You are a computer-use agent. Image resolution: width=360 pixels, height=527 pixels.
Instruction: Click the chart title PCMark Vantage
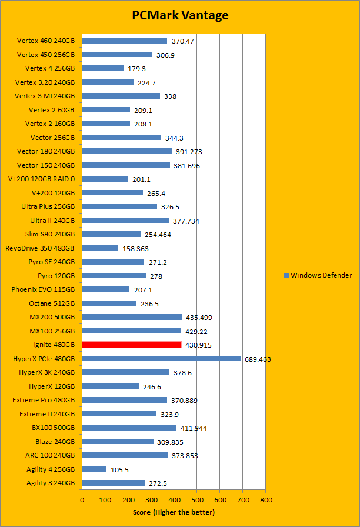click(x=179, y=15)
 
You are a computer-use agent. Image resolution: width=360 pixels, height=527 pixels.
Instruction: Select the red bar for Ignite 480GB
click(x=132, y=345)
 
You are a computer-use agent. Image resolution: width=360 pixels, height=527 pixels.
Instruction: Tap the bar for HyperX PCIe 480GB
click(x=161, y=358)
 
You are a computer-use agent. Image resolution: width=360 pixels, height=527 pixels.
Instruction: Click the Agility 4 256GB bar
click(x=94, y=469)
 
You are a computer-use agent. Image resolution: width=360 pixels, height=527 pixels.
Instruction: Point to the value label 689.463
click(x=257, y=359)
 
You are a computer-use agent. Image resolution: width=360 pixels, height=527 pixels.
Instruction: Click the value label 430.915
click(x=199, y=345)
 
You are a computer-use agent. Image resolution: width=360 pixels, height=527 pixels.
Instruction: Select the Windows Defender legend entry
click(x=318, y=275)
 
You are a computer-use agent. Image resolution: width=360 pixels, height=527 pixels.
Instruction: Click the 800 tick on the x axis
click(x=266, y=499)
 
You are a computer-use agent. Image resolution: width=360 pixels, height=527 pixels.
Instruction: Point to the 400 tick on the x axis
click(x=174, y=499)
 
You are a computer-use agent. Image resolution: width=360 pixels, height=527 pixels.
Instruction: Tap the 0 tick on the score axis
click(x=82, y=499)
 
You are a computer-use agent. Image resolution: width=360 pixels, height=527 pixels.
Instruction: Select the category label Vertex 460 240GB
click(x=46, y=41)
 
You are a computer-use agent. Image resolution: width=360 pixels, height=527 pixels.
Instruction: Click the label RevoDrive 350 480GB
click(x=40, y=248)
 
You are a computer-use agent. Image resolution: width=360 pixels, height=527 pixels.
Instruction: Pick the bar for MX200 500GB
click(x=132, y=317)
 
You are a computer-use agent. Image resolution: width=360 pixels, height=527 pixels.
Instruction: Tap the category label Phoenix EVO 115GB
click(x=43, y=289)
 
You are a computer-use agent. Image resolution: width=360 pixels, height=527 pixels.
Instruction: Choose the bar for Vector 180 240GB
click(x=127, y=151)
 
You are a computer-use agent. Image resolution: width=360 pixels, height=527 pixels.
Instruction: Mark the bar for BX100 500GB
click(x=129, y=428)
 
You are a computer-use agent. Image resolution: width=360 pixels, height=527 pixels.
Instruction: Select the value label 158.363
click(x=136, y=248)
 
